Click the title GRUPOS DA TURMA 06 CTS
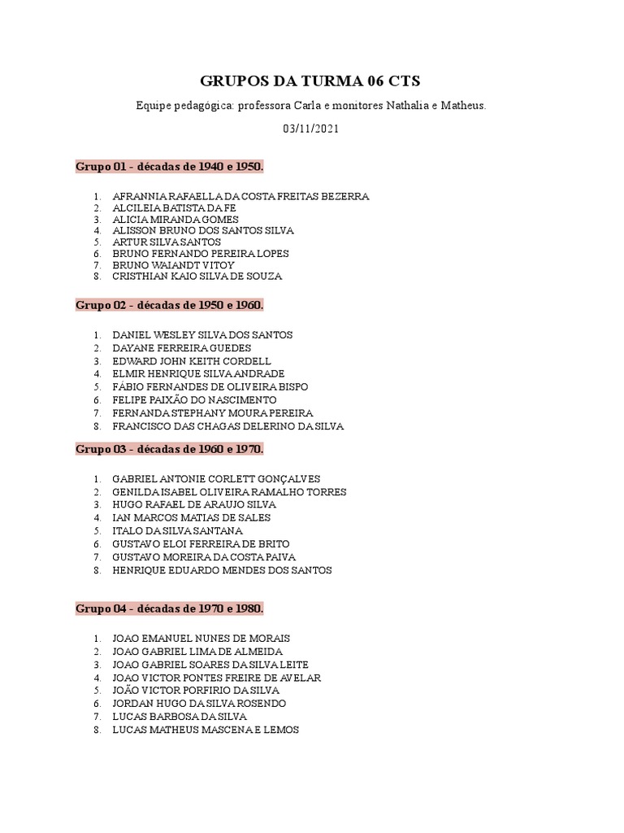(311, 81)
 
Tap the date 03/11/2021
(311, 129)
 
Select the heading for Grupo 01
(170, 167)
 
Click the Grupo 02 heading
(170, 305)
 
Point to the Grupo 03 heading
(170, 449)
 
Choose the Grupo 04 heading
(170, 608)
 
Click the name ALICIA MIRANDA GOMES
(175, 220)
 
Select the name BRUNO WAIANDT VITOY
(173, 265)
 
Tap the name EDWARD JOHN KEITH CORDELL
(192, 361)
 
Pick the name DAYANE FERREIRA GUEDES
(182, 348)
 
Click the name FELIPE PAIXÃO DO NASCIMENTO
(194, 400)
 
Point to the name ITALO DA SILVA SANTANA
(177, 531)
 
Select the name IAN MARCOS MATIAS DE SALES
(192, 518)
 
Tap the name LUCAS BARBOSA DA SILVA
(180, 717)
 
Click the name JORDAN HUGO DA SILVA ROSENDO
(199, 704)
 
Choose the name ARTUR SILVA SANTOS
(167, 242)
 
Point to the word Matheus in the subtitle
(463, 106)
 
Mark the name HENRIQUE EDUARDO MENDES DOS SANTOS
(222, 570)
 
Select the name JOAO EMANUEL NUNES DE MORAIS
(201, 639)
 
